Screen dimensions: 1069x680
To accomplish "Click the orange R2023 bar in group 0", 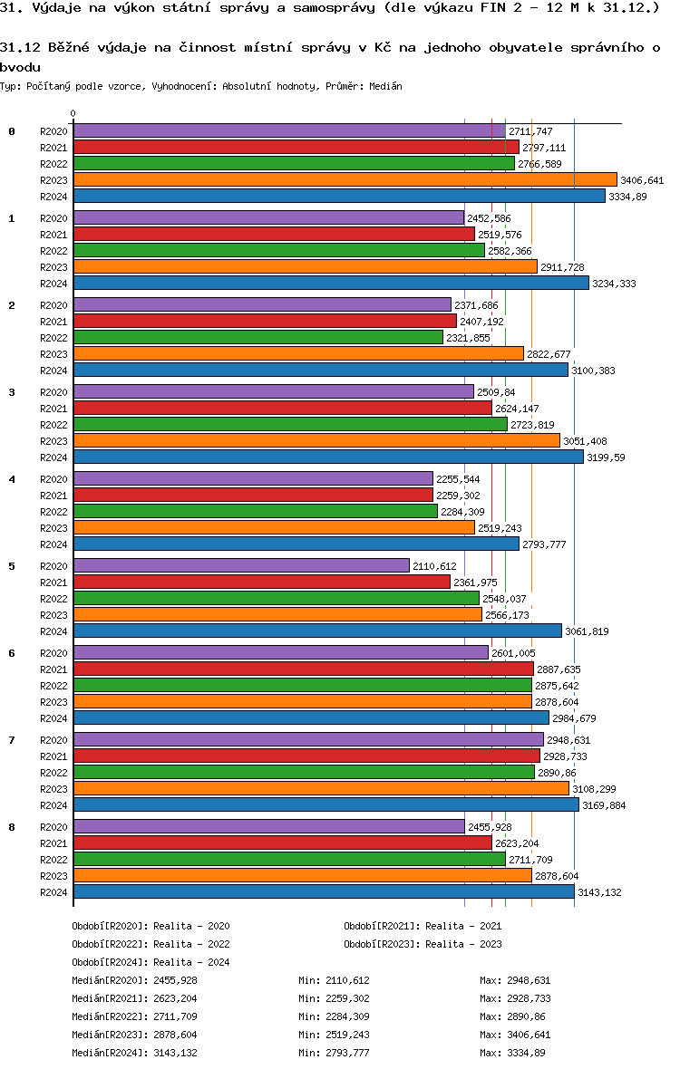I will pos(345,180).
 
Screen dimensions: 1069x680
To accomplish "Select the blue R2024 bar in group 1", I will pos(331,284).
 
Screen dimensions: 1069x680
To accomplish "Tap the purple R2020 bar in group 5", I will pos(241,566).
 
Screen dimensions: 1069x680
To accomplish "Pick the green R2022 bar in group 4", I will pos(255,512).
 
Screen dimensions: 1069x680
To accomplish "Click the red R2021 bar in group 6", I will pos(303,669).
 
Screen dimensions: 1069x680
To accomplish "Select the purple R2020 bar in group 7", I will pos(307,740).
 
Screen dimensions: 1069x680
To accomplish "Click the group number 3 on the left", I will pos(12,392).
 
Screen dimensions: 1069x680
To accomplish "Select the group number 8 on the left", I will pos(12,827).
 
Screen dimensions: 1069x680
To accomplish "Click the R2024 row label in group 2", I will pos(53,371).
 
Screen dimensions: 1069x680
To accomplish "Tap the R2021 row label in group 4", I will pos(53,496).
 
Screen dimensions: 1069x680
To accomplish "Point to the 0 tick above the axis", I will pos(73,114).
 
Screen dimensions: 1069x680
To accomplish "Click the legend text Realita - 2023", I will pos(463,944).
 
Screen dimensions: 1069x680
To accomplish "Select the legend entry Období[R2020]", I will pos(109,926).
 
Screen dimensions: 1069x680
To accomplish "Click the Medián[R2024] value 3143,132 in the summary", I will pos(175,1053).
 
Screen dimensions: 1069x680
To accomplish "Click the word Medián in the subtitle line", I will pos(386,86).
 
